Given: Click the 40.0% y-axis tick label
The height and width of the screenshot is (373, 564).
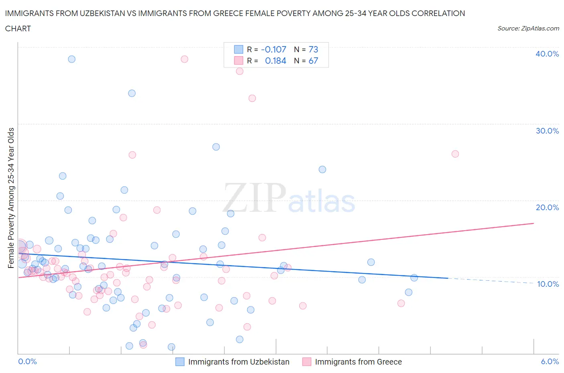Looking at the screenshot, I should tap(547, 54).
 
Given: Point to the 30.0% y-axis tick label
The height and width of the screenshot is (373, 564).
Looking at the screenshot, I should tap(547, 131).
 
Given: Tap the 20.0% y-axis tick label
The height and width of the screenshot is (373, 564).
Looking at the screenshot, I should tap(547, 207).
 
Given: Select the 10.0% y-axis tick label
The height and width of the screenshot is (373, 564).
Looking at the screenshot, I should tap(548, 284).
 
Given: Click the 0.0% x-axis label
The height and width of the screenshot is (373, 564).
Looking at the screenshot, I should tap(27, 361).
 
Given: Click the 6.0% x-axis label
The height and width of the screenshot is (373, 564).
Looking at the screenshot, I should tap(550, 361).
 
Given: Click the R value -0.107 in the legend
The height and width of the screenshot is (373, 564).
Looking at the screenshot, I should tap(274, 49).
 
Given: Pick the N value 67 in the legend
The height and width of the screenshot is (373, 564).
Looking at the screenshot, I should tap(313, 61).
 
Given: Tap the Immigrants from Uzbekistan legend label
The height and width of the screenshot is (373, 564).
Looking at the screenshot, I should tap(239, 362).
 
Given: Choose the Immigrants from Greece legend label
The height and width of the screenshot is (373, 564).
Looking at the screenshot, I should tap(358, 362).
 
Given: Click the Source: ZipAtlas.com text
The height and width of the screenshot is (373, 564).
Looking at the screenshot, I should tap(528, 28).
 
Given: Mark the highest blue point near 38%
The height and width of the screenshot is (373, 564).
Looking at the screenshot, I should tap(71, 59).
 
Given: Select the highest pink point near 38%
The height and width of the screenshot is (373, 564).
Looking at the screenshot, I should tap(184, 59).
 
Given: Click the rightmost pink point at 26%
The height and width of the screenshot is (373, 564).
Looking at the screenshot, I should tap(455, 154).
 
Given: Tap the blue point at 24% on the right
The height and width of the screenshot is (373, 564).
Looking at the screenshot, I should tap(322, 169).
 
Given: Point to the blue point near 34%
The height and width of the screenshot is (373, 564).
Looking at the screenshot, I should tap(132, 93).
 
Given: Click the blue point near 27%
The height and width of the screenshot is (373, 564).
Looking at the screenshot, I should tap(216, 147).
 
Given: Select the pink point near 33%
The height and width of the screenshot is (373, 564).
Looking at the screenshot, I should tap(252, 98).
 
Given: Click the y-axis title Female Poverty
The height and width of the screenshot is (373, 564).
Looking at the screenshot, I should tap(11, 198).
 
